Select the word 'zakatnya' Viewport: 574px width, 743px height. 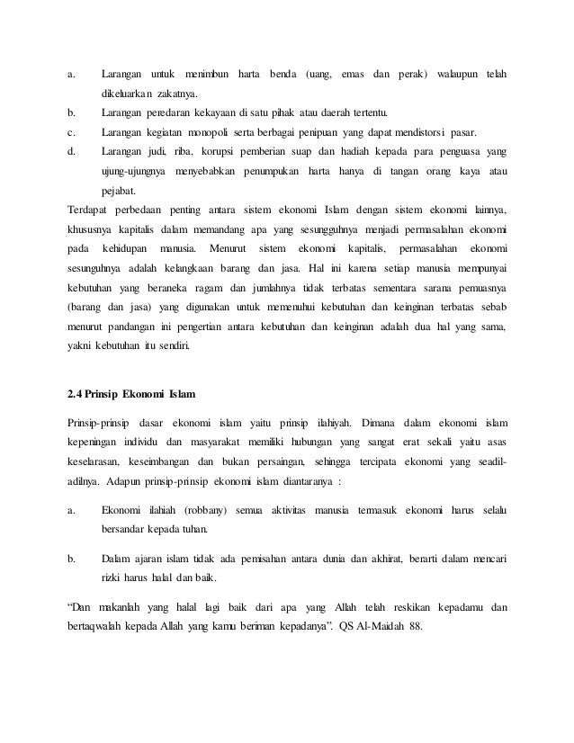coord(176,93)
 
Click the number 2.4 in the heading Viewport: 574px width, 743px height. coord(77,397)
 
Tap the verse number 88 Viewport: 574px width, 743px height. coord(417,626)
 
